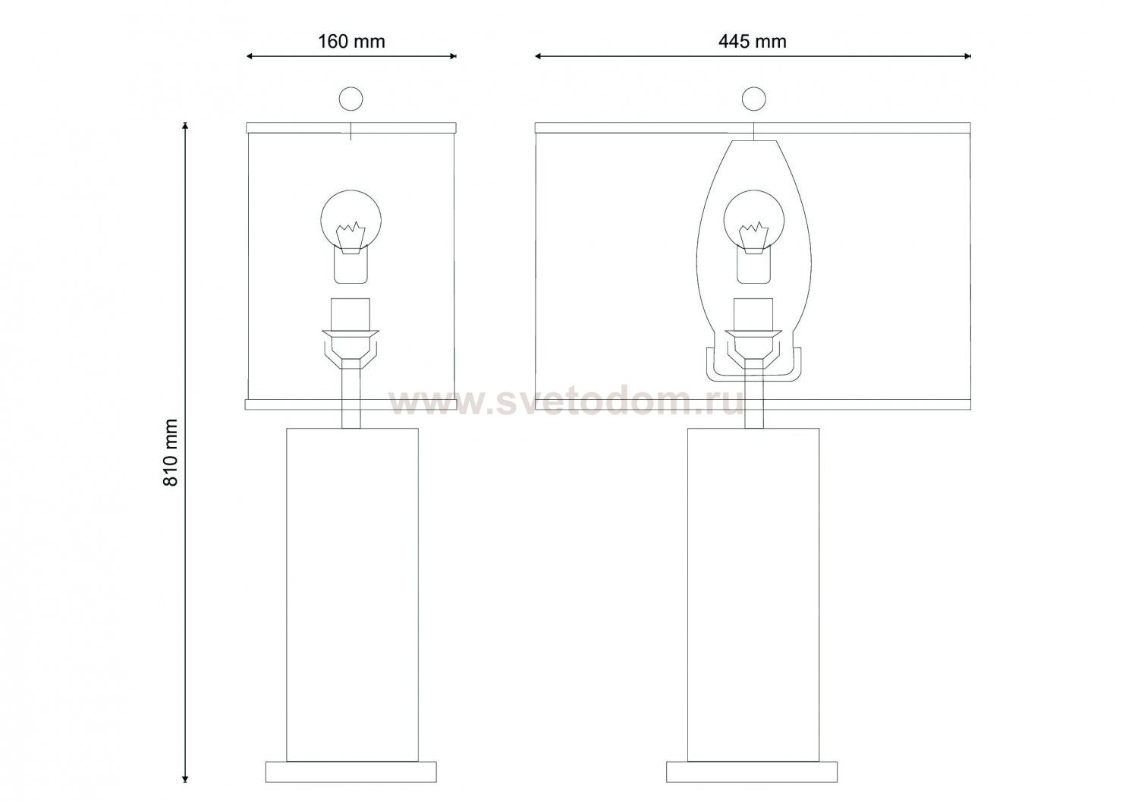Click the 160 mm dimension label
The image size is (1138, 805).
[351, 42]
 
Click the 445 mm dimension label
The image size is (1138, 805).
[753, 42]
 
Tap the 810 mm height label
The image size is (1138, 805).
[171, 453]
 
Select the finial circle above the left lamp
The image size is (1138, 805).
[351, 99]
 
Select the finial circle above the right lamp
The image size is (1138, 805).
[754, 99]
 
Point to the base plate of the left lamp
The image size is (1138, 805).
[351, 772]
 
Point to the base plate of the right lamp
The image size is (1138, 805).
[753, 772]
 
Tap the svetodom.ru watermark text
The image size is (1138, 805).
[567, 403]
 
